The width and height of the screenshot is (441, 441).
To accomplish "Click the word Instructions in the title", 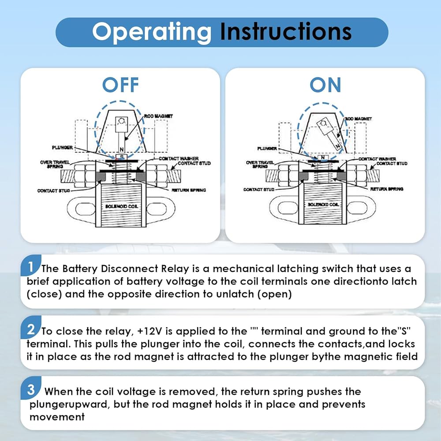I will tap(286, 32).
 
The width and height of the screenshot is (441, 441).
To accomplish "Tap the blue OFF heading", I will tap(120, 85).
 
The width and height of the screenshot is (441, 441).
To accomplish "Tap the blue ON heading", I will tap(325, 85).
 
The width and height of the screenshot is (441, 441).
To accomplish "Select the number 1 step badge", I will tap(30, 266).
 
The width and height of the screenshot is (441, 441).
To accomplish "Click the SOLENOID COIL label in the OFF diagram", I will tap(120, 206).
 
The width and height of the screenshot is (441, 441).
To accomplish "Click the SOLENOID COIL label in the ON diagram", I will tap(324, 205).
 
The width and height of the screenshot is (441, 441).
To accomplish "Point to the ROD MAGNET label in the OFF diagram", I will tap(158, 116).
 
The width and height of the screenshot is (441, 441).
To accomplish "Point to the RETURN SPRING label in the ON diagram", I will tap(386, 189).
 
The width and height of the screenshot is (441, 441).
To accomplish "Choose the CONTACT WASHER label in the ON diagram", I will tap(377, 159).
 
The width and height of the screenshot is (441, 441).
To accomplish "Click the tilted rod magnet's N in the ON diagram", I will tap(337, 145).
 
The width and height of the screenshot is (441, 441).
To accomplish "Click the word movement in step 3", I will tap(57, 416).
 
